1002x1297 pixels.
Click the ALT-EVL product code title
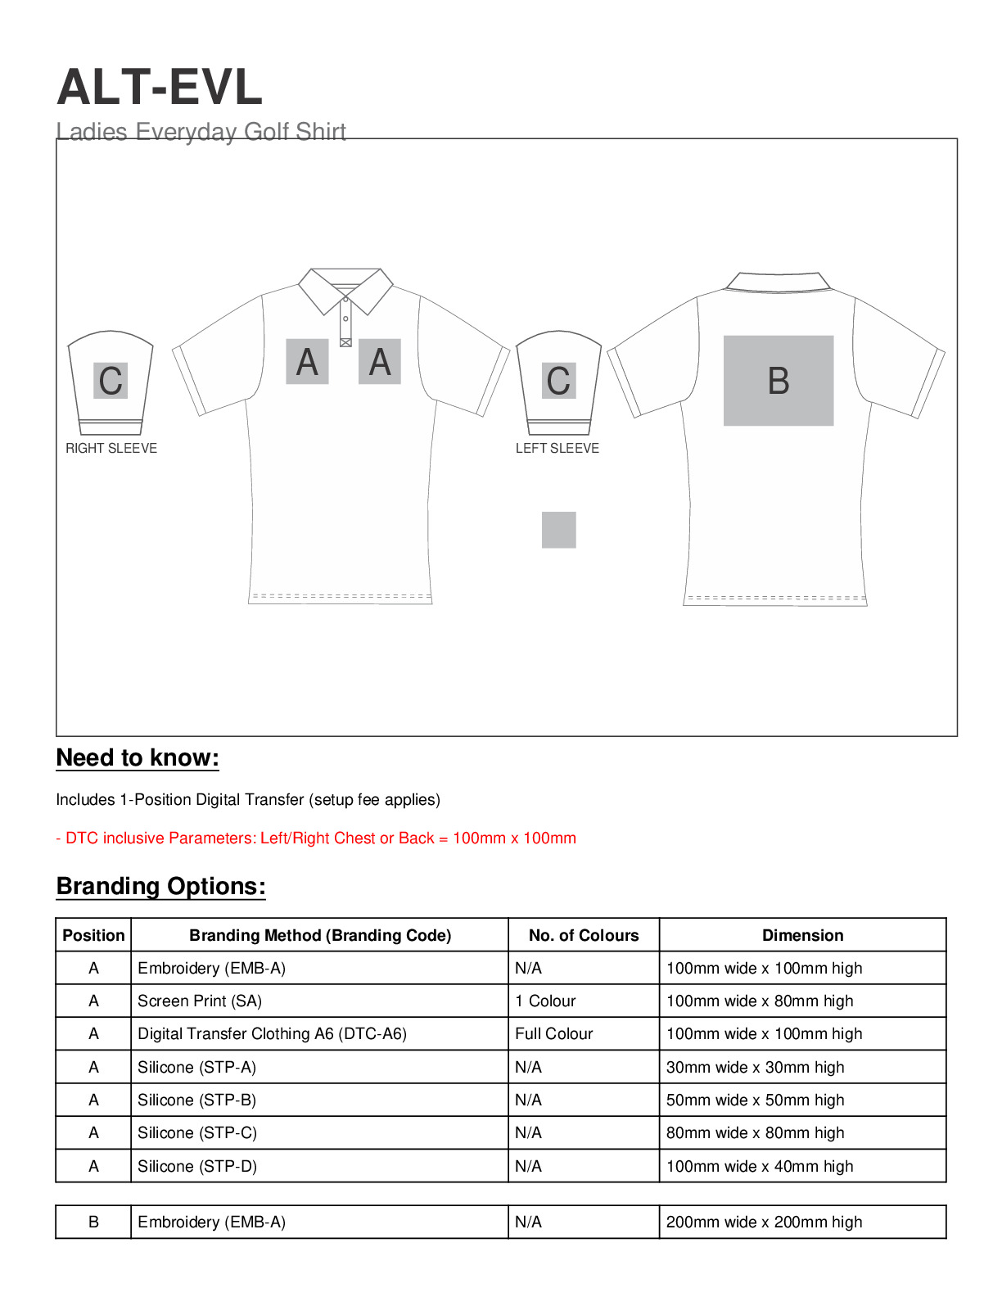pos(160,87)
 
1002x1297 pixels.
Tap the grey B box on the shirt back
pos(778,381)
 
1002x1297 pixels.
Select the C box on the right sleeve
pos(111,381)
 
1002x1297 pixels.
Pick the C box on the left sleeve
pos(558,381)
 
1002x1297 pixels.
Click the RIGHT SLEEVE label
pos(111,448)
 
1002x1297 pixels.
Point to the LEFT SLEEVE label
pos(557,448)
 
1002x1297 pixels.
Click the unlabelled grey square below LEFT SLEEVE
pos(558,530)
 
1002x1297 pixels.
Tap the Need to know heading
pos(138,758)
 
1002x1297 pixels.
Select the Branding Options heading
pos(160,887)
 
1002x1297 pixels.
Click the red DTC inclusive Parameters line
pos(316,838)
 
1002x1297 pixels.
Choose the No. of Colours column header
pos(584,935)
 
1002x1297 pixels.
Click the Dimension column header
pos(802,935)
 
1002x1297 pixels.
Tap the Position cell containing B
pos(93,1222)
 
